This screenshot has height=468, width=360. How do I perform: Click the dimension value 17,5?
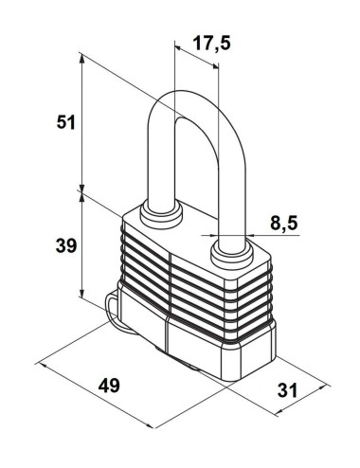click(211, 44)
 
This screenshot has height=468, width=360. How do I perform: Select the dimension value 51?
click(65, 122)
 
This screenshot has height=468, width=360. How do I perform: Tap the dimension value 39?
click(66, 245)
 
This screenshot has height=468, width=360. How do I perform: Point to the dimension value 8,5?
click(283, 223)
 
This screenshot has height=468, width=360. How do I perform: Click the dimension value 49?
click(109, 386)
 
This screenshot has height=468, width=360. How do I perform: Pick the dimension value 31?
click(287, 390)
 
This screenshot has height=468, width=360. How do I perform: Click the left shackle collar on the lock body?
click(161, 215)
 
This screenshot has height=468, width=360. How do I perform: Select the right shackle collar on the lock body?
click(232, 253)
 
